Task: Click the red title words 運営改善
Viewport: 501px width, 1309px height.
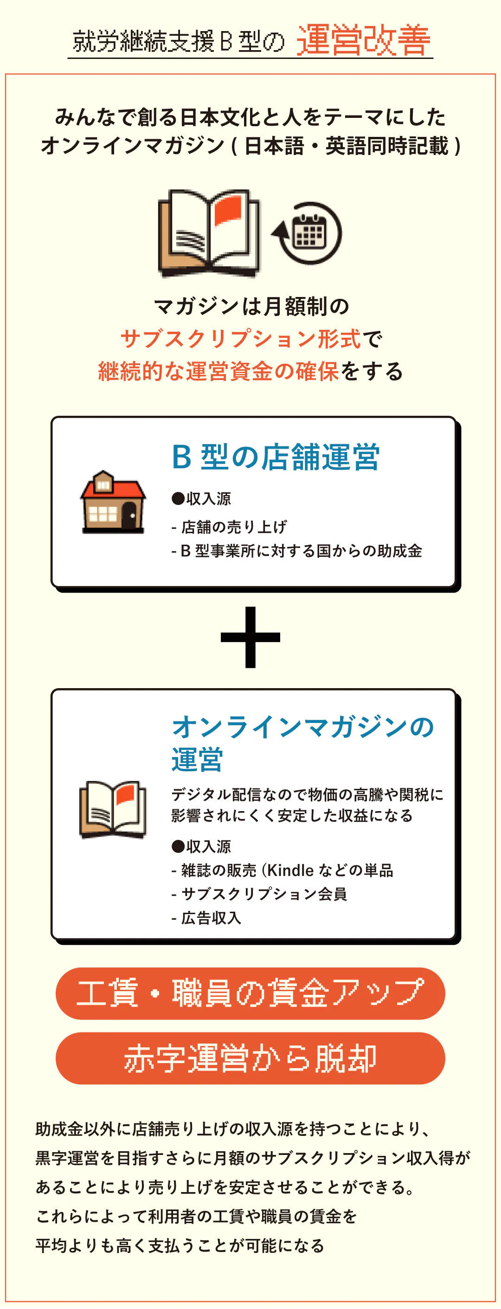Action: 363,41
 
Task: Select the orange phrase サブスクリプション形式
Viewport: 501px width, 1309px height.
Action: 240,338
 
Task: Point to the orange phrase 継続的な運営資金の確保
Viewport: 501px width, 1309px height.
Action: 218,371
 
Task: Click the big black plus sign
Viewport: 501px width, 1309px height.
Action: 250,637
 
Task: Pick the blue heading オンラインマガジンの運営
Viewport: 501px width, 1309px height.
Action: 302,742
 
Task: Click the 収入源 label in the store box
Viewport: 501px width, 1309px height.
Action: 208,498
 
